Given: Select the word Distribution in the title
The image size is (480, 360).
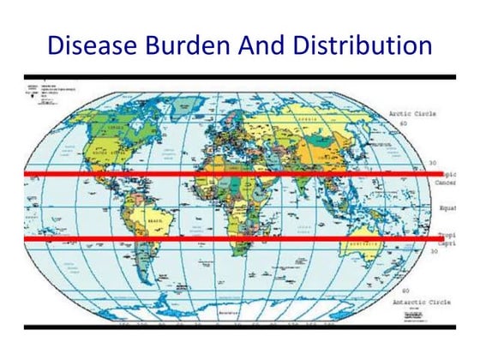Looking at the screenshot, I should (x=360, y=44).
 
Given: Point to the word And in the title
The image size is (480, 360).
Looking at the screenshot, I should (x=269, y=44).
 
